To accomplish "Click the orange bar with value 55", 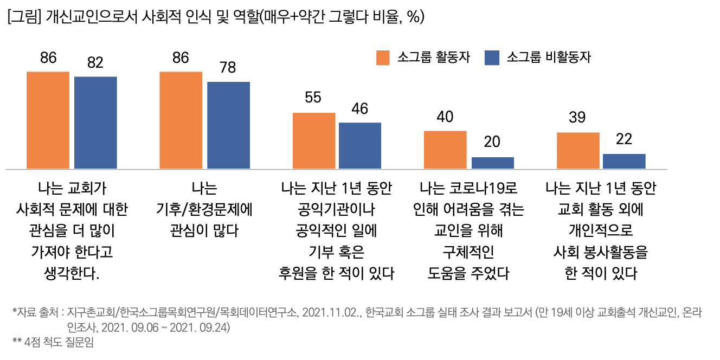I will click(x=314, y=140).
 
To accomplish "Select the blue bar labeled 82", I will click(x=95, y=123).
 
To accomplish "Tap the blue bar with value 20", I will click(x=492, y=163).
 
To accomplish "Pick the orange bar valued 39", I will click(x=578, y=150).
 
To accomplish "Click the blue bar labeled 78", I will click(x=228, y=125).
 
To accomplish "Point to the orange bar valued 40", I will click(x=445, y=149).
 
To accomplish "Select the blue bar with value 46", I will click(x=360, y=145).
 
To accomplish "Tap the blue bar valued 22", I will click(x=624, y=161).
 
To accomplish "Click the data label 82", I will click(x=95, y=63).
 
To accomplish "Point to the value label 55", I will click(x=313, y=98).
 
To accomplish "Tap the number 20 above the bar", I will click(x=492, y=142).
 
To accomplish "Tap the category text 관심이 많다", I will click(x=203, y=230).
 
